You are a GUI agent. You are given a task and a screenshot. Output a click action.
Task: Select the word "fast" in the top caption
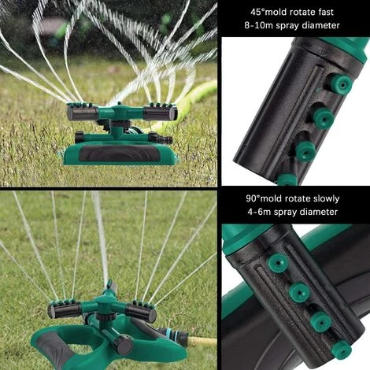pos(345,13)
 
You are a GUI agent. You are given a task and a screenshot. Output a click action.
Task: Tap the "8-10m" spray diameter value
pos(257,27)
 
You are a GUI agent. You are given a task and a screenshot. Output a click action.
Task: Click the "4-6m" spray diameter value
pos(261,212)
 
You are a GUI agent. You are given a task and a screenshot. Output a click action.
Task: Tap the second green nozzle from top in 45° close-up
pos(323,118)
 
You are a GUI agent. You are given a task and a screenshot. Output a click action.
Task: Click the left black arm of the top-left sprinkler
pos(83,113)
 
